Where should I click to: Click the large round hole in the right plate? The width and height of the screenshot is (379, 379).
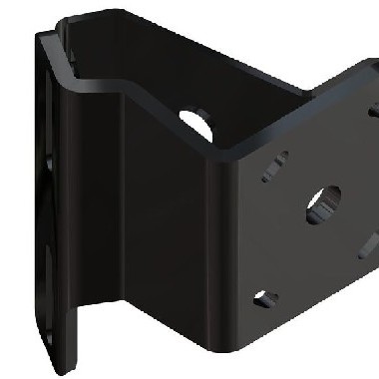click(323, 200)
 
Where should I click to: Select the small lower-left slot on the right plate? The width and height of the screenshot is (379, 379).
click(264, 296)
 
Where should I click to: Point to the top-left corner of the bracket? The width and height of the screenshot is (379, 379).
click(42, 32)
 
